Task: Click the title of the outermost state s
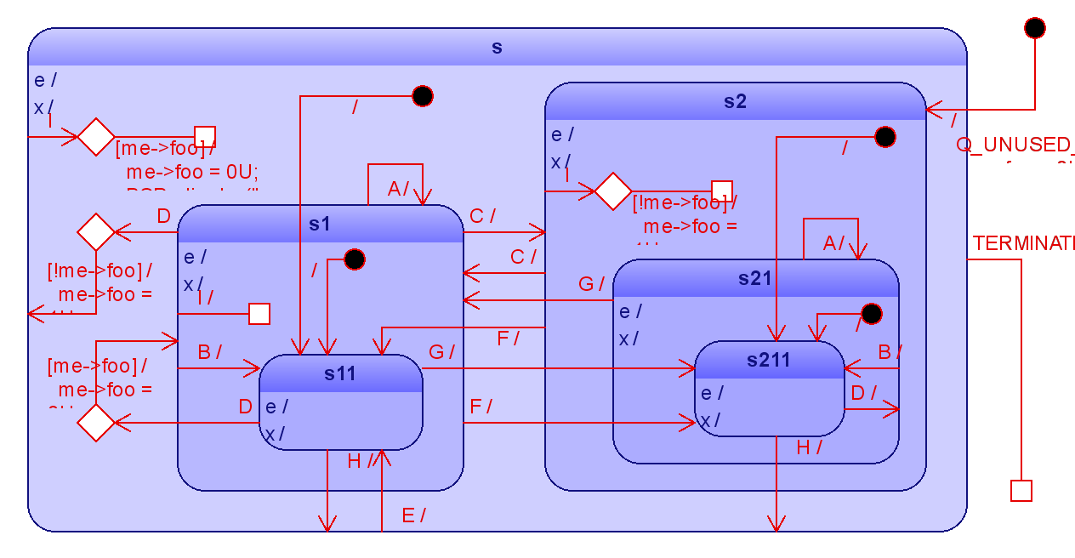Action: [x=497, y=48]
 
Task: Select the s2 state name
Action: [x=735, y=102]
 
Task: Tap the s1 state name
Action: [x=320, y=224]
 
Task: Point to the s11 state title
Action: [x=340, y=373]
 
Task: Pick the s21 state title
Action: [x=755, y=278]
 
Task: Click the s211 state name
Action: [x=769, y=360]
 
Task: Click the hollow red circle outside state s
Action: [x=1034, y=28]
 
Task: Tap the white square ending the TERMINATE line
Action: [x=1021, y=491]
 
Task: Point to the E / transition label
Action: [x=413, y=515]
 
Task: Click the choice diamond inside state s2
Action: [x=612, y=191]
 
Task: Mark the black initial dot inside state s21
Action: [x=871, y=314]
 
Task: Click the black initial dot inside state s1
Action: [x=354, y=259]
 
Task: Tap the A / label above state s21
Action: [x=833, y=244]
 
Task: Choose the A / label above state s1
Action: [x=398, y=189]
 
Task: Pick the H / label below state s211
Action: [x=809, y=448]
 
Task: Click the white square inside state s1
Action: [x=259, y=314]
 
